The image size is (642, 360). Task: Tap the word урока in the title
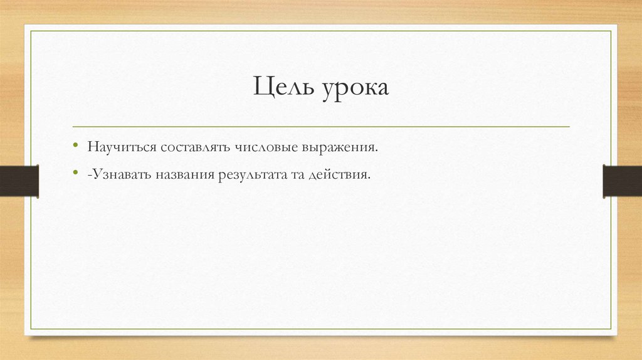click(x=356, y=88)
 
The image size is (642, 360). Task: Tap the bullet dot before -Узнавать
click(x=76, y=171)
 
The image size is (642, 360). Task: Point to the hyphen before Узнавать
click(x=90, y=174)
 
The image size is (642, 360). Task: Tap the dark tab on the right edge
click(x=622, y=181)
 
